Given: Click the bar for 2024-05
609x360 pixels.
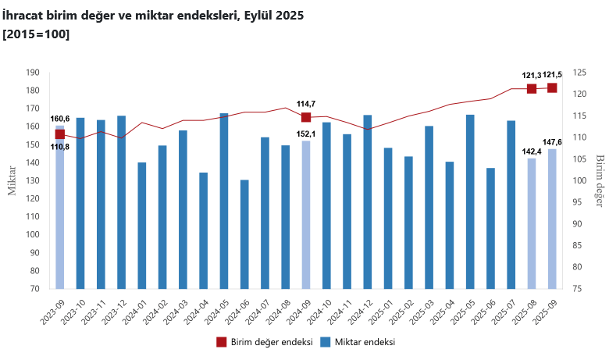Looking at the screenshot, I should (224, 201).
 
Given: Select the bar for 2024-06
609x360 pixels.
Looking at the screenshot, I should (244, 234).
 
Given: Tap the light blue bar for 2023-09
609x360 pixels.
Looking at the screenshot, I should (60, 207).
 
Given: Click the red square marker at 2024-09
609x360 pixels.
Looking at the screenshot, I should (306, 117).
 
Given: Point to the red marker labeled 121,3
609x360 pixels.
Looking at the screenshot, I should (532, 88).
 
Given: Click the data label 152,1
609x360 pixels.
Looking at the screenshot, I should (306, 134).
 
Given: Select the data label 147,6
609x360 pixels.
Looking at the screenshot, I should (553, 141).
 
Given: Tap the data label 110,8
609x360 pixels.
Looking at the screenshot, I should (60, 147).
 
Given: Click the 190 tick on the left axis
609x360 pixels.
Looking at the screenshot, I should (32, 73).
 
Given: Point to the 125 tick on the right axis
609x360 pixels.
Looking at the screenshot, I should (579, 73).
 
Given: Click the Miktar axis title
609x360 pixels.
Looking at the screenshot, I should (12, 180).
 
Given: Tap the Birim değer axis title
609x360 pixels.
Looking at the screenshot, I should (600, 180).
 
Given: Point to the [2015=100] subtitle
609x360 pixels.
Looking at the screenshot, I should (36, 34).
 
